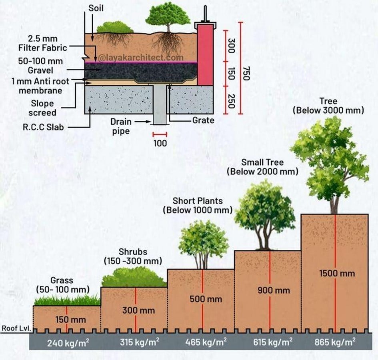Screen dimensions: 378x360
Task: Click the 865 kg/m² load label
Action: tap(335, 342)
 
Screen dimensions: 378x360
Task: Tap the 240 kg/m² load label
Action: tap(68, 342)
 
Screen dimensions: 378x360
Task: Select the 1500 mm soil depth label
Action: tap(337, 274)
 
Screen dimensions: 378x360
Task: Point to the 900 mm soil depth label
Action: tap(274, 290)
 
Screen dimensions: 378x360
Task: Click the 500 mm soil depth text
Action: tap(206, 299)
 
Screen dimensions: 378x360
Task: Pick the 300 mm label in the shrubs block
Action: tap(138, 310)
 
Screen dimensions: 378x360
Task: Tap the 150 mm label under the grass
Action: tap(71, 320)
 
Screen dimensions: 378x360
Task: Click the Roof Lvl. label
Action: tap(16, 328)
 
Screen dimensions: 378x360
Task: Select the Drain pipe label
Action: tap(121, 126)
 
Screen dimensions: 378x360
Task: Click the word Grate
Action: tap(203, 120)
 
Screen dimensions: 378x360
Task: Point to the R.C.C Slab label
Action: tap(43, 127)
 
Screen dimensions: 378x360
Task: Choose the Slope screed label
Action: tap(42, 108)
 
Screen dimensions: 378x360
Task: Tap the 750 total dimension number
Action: tap(246, 73)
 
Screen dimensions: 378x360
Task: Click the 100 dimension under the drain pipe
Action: tap(160, 143)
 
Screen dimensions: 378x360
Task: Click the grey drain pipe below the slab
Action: tap(160, 105)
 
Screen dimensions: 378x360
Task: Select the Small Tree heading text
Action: tap(262, 162)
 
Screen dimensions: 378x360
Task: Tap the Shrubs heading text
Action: tap(133, 252)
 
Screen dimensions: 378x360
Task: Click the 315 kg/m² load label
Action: tap(140, 342)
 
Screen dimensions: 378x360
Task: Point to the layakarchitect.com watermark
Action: tap(141, 58)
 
